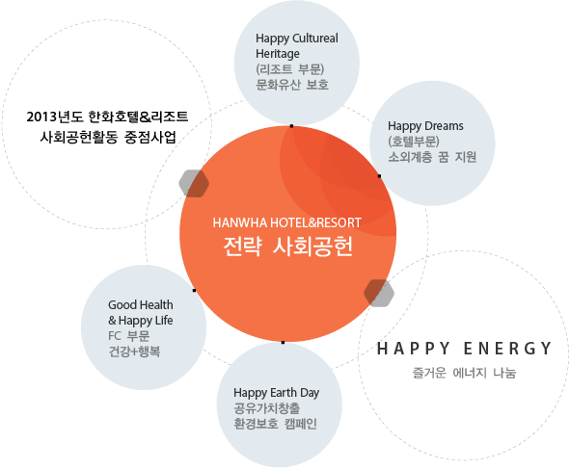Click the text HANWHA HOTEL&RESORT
pos(286,222)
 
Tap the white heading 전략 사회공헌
pos(288,247)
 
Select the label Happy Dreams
pos(425,127)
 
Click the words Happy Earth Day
pos(277,393)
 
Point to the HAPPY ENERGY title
pos(464,349)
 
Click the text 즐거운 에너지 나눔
pos(464,373)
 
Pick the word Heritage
pos(278,54)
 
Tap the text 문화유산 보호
pos(292,85)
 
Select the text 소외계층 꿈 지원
pos(432,157)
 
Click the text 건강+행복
pos(134,352)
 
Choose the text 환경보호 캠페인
pos(276,424)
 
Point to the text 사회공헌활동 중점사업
pos(108,137)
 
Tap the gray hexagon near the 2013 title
pos(194,183)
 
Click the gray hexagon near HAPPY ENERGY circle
pos(379,294)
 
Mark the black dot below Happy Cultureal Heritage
pos(291,126)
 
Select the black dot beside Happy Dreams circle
pos(379,176)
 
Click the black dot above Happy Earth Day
pos(284,342)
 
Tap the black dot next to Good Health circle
pos(194,291)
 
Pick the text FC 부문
pos(129,336)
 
